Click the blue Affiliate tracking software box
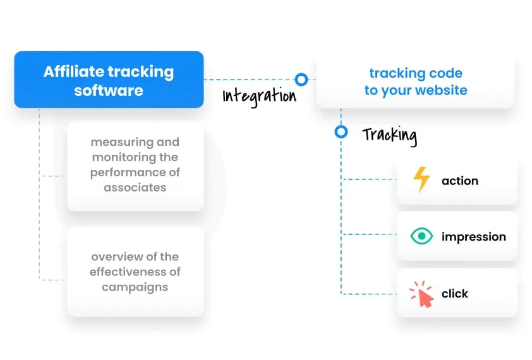pyautogui.click(x=109, y=80)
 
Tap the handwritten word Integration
pyautogui.click(x=259, y=96)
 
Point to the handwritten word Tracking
pyautogui.click(x=389, y=135)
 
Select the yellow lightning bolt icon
pyautogui.click(x=421, y=180)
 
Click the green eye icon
pyautogui.click(x=421, y=236)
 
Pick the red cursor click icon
pyautogui.click(x=421, y=294)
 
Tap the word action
pyautogui.click(x=459, y=181)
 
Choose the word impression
pyautogui.click(x=473, y=237)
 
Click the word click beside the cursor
pyautogui.click(x=455, y=294)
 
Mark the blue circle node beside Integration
pyautogui.click(x=301, y=80)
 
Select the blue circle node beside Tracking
pyautogui.click(x=341, y=132)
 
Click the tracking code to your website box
pyautogui.click(x=415, y=81)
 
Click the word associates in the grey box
pyautogui.click(x=135, y=188)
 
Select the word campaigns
pyautogui.click(x=135, y=287)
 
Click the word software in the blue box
pyautogui.click(x=109, y=90)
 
